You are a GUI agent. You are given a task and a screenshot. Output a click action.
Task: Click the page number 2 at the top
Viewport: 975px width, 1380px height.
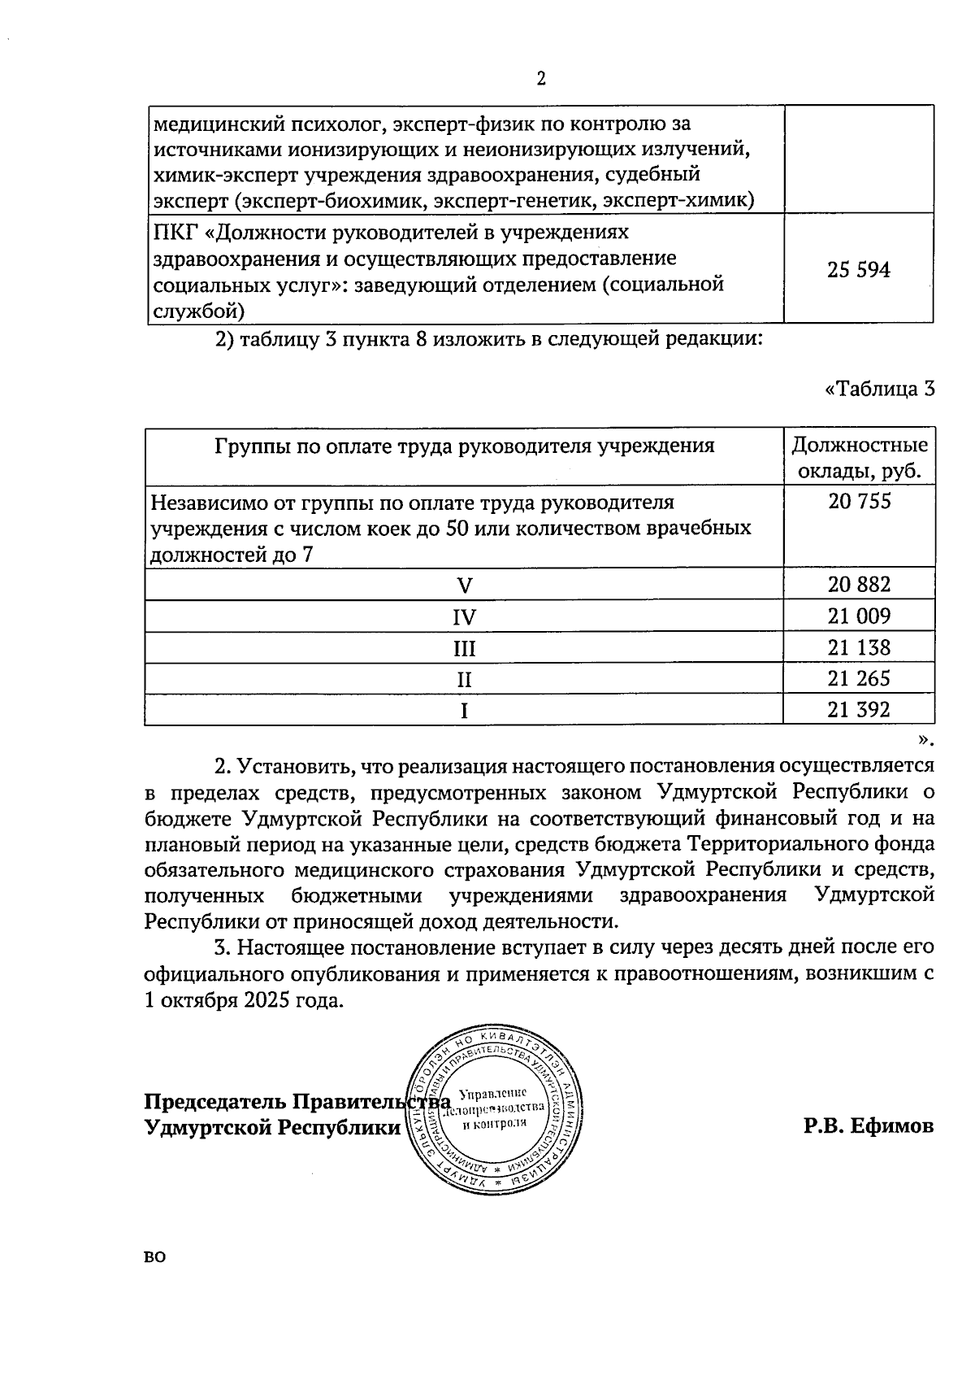(x=541, y=79)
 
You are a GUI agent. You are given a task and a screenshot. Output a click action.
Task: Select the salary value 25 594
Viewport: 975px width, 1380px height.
(x=859, y=270)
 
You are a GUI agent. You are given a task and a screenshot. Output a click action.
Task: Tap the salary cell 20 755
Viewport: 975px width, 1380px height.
(x=859, y=502)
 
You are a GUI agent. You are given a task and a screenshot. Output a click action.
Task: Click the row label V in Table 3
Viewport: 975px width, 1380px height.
(x=464, y=586)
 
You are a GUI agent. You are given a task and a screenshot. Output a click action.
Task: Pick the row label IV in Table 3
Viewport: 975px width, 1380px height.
(x=464, y=617)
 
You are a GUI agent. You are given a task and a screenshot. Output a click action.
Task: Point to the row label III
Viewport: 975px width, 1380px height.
(x=464, y=649)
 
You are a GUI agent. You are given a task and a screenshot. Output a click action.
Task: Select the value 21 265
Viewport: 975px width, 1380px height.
(x=859, y=678)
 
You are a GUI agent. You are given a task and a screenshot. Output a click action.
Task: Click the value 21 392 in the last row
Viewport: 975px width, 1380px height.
(x=859, y=710)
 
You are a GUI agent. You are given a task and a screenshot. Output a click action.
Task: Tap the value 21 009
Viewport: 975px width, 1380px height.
(x=859, y=616)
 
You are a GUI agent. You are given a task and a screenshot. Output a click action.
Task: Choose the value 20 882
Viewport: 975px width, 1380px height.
(x=859, y=585)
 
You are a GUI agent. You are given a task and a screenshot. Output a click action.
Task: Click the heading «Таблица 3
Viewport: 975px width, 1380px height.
(x=879, y=390)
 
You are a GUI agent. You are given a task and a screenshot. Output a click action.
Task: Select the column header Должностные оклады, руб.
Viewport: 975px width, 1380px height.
(x=859, y=458)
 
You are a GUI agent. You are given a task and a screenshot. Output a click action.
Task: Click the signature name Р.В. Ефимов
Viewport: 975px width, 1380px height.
(x=869, y=1126)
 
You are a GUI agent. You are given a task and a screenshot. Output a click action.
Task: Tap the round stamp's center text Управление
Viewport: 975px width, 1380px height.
(x=494, y=1093)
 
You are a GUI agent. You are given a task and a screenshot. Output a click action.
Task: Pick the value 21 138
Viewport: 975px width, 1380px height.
(x=859, y=647)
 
